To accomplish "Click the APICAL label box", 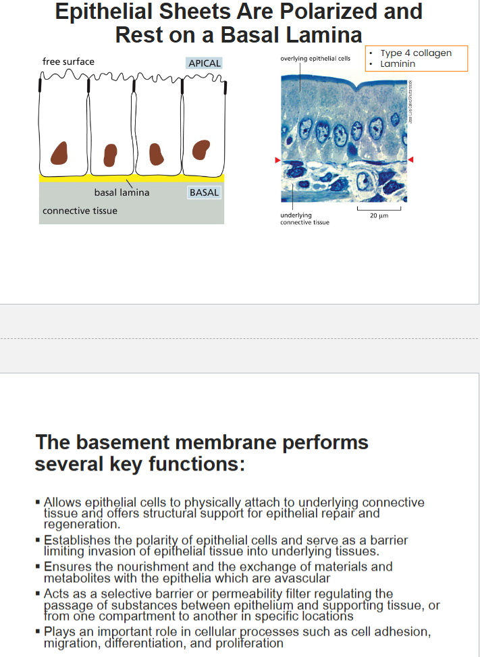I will click(205, 63).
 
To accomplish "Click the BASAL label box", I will click(204, 192).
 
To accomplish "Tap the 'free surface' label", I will click(68, 61).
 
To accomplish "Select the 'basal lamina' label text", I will click(122, 192).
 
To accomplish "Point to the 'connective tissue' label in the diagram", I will click(80, 211).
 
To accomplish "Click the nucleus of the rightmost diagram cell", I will click(201, 149).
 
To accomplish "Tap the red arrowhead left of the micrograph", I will click(277, 160).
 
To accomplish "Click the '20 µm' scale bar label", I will click(379, 216).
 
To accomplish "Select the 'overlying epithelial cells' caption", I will click(315, 59).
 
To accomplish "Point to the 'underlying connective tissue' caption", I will click(304, 219).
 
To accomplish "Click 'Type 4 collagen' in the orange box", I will click(415, 53).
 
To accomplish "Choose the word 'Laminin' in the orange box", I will click(398, 64).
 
